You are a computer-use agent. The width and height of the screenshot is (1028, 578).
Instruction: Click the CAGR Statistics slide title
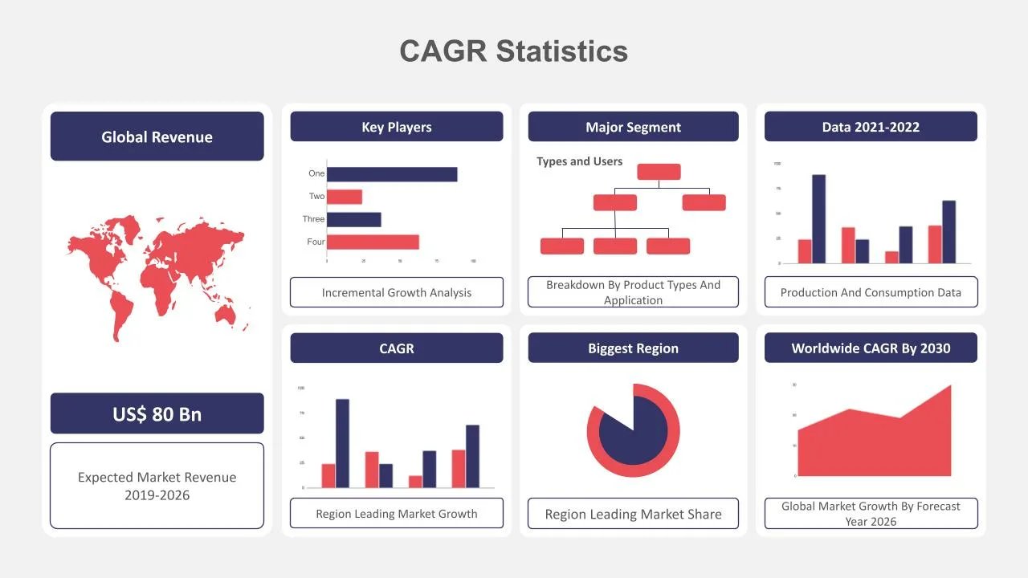513,51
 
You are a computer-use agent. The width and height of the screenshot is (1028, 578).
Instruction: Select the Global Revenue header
157,136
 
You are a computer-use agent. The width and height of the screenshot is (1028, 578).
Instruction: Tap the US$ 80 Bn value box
157,413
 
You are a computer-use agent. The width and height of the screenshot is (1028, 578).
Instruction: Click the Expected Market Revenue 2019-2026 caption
157,486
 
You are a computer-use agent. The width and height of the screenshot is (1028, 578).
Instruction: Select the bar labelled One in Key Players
392,174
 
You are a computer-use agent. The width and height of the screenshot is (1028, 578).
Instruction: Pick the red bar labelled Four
373,242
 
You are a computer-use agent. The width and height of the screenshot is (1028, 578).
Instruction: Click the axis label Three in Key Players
313,219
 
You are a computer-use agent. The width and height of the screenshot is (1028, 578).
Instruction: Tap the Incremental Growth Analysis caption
396,292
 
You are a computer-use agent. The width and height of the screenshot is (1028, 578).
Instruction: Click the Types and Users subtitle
579,161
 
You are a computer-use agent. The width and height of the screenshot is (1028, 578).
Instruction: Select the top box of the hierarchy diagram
659,172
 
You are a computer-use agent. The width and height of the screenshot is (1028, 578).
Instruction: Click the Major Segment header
633,127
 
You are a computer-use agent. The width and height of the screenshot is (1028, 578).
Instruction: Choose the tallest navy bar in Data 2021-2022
818,218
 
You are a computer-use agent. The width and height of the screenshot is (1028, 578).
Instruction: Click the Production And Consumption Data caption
871,292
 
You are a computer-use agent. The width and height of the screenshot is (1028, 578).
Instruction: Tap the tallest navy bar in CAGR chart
342,443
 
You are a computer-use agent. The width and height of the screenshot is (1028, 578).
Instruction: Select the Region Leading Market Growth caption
396,514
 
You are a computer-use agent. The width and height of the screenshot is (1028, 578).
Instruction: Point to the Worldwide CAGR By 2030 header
871,348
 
